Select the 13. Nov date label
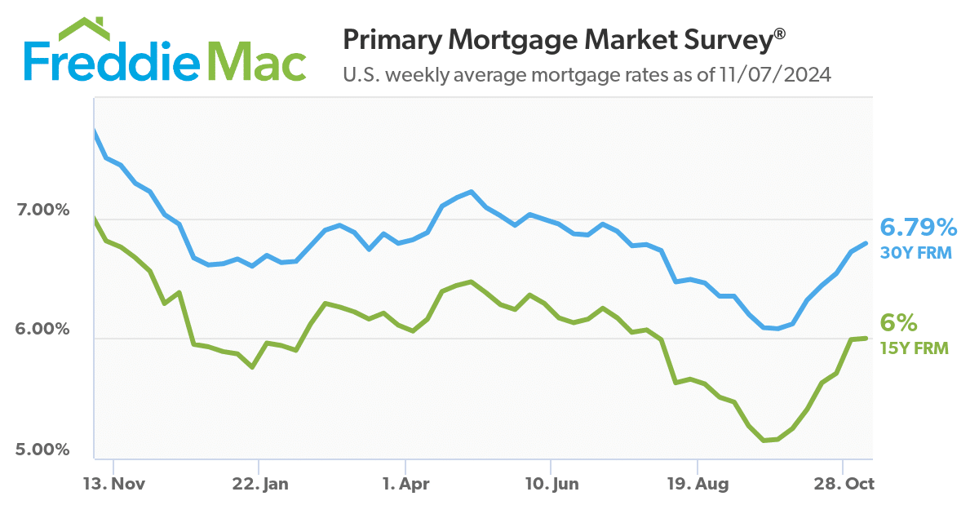tap(114, 484)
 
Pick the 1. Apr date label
tap(405, 484)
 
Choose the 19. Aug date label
tap(697, 484)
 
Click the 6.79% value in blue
tap(917, 228)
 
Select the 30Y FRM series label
tap(915, 253)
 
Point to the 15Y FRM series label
tap(915, 348)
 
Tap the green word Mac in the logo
tap(261, 61)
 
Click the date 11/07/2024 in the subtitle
tap(775, 76)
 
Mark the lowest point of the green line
tap(764, 441)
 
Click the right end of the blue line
tap(866, 242)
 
